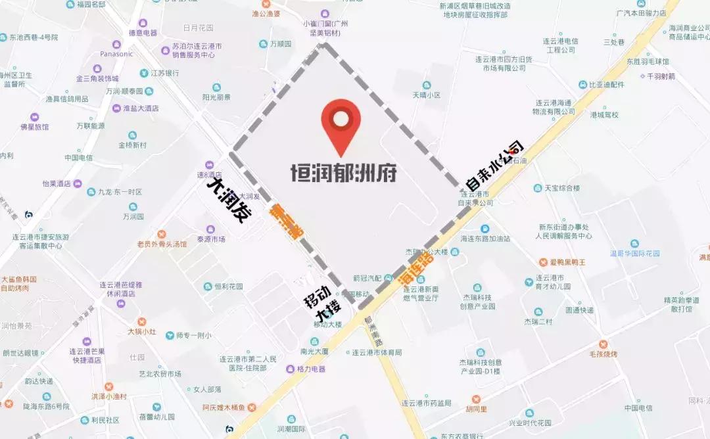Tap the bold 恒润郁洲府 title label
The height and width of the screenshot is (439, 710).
[x=344, y=172]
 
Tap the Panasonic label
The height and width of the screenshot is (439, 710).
[x=116, y=54]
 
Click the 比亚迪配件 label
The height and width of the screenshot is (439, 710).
[x=605, y=85]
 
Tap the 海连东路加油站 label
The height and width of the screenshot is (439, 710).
[x=485, y=239]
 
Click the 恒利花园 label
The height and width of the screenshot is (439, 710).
[x=228, y=287]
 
